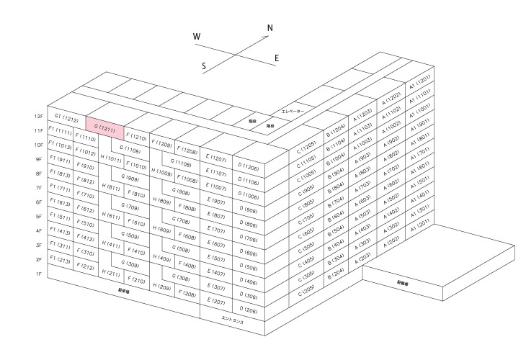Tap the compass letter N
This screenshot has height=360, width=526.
click(x=270, y=28)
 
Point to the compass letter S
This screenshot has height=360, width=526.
click(x=204, y=66)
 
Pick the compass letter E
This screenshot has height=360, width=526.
click(x=277, y=58)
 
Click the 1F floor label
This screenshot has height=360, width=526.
click(x=39, y=274)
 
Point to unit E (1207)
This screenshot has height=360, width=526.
click(x=217, y=158)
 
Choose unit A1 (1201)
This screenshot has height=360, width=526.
click(x=420, y=81)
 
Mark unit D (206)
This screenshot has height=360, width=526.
click(x=249, y=310)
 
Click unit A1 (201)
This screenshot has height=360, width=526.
click(x=420, y=225)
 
